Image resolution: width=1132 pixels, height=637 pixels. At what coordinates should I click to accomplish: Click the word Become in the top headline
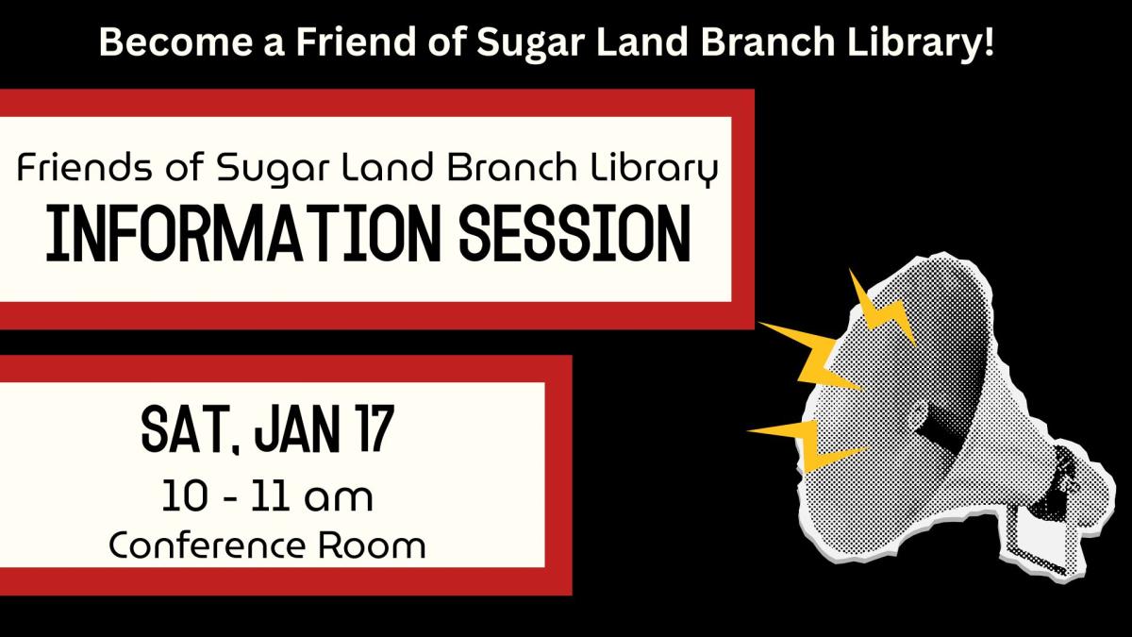click(x=175, y=42)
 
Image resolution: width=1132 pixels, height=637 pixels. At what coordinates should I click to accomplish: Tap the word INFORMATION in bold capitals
click(x=243, y=234)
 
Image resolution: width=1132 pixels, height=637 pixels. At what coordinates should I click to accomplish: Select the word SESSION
click(x=575, y=234)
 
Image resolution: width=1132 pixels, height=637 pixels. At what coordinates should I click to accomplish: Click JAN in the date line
click(x=297, y=429)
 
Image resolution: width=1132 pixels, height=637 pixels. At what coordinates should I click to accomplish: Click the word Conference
click(x=207, y=545)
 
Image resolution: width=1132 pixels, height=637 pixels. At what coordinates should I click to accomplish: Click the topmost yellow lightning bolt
click(x=882, y=309)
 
